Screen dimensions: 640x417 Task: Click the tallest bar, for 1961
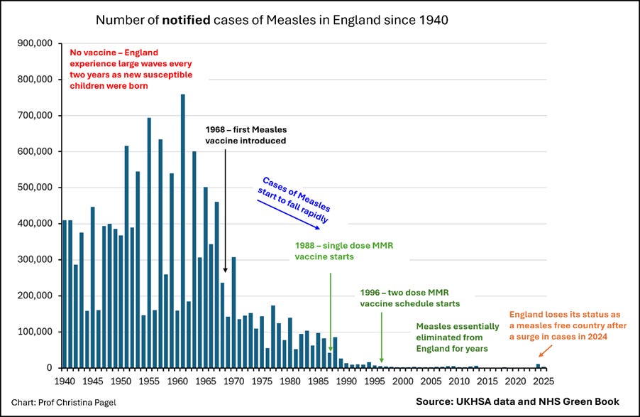[183, 231]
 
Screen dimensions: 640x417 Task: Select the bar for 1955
[149, 243]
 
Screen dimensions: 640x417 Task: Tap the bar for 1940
[65, 294]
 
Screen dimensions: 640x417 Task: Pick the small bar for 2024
[538, 366]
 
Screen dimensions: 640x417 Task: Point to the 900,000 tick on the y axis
[35, 43]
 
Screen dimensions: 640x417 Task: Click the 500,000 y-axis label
[35, 188]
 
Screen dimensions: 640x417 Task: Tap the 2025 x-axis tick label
[544, 381]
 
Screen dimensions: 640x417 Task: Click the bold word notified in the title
[186, 20]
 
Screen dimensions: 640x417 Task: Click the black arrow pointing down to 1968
[225, 211]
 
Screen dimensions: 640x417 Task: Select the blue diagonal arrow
[288, 215]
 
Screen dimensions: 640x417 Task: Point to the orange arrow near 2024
[545, 351]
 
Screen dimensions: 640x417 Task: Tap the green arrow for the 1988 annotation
[331, 313]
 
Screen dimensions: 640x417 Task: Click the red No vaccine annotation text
[131, 69]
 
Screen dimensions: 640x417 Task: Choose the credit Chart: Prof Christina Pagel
[64, 403]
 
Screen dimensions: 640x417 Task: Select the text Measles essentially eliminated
[458, 332]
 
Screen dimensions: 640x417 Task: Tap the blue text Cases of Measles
[297, 194]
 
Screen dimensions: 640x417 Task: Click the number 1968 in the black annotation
[215, 129]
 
